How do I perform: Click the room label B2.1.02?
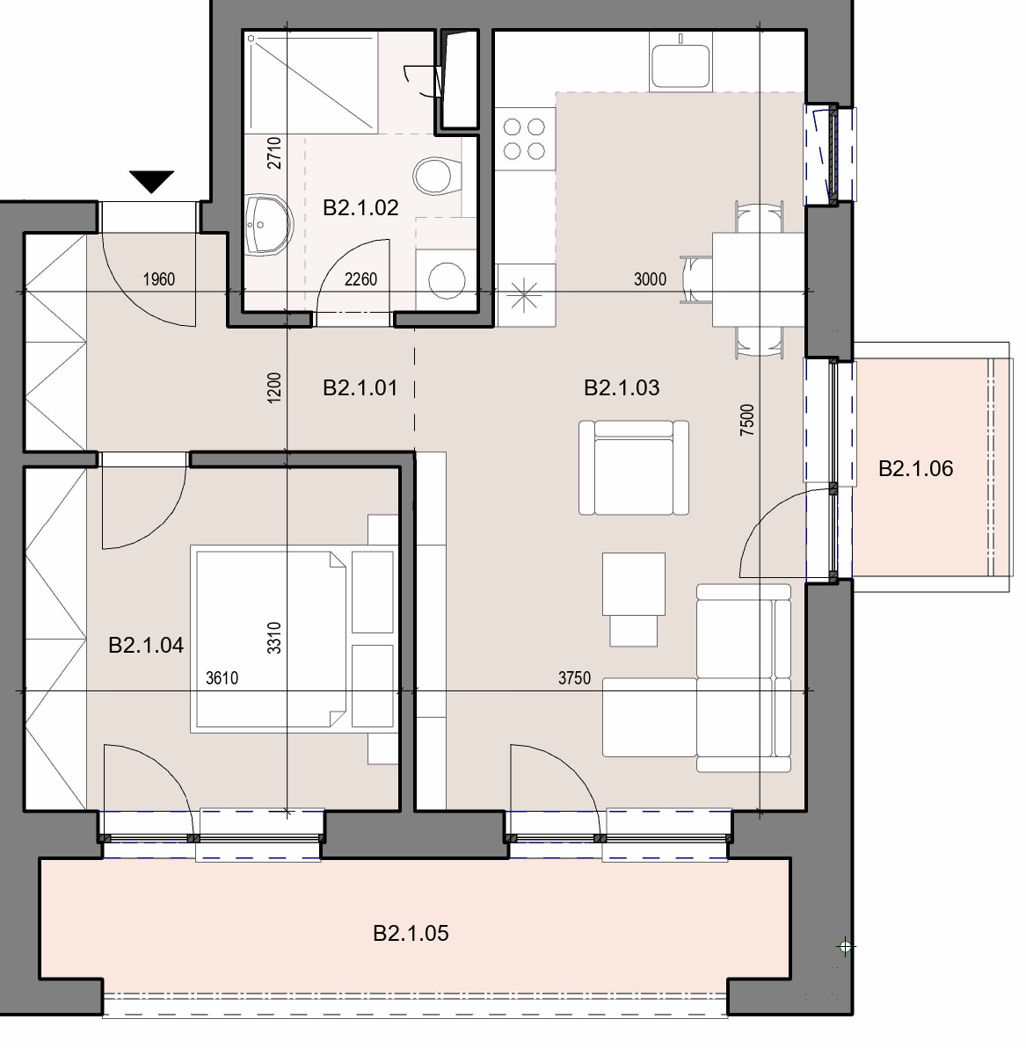coord(360,208)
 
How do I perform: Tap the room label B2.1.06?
coord(915,468)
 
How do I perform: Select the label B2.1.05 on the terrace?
coord(411,933)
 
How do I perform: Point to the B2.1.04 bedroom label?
coord(146,645)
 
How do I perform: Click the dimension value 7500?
coord(748,421)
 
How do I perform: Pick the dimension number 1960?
coord(159,279)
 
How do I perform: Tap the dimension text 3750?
coord(574,678)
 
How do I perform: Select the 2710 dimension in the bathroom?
coord(274,152)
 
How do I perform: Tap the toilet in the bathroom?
coord(438,176)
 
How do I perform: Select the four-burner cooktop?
coord(524,139)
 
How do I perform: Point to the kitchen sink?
coord(680,65)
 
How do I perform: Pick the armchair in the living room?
coord(633,468)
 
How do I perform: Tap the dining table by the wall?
coord(758,279)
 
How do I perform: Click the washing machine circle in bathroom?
coord(447,280)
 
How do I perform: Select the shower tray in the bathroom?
coord(311,83)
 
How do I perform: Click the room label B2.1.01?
coord(360,387)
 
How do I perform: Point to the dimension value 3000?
coord(650,279)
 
